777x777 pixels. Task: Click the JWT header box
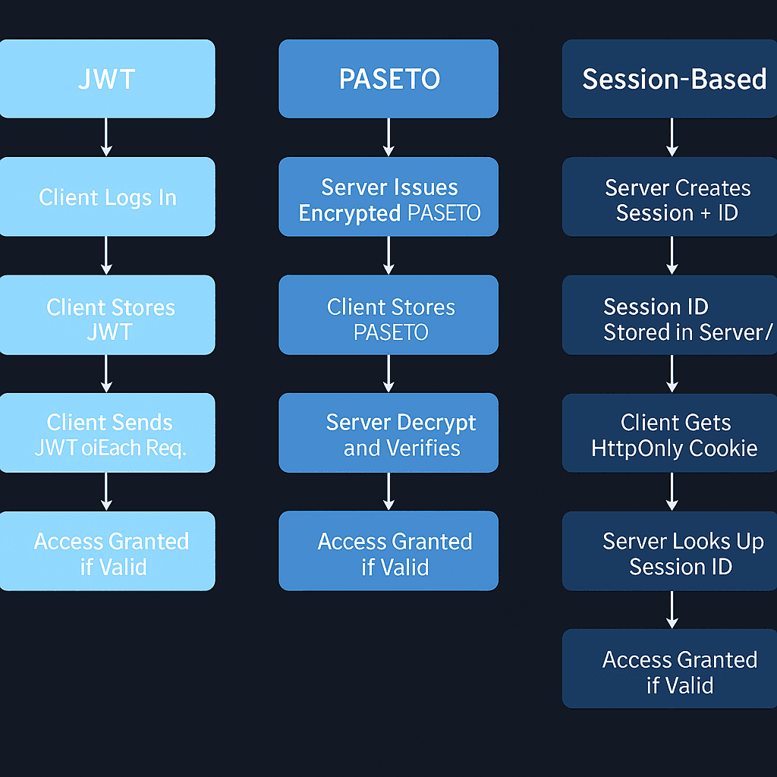point(106,79)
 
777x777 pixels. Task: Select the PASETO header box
point(388,79)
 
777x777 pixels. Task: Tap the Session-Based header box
point(671,79)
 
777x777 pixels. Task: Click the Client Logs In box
point(106,197)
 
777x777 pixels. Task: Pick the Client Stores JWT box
point(106,315)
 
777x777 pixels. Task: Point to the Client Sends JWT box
point(106,433)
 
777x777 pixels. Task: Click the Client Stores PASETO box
point(388,315)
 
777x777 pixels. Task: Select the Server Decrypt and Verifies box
point(388,433)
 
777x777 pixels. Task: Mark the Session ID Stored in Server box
point(671,315)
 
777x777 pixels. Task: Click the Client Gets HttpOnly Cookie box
point(671,433)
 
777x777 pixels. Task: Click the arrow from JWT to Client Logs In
point(106,137)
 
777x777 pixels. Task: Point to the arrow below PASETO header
point(388,137)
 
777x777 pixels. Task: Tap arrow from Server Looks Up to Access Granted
point(672,609)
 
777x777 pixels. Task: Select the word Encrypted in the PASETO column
point(350,213)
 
